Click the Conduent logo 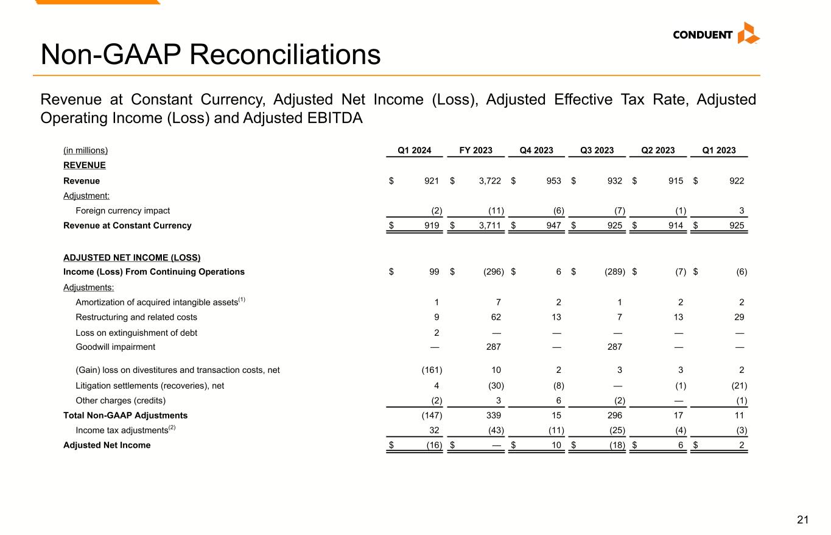point(716,34)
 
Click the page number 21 point(803,520)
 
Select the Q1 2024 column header point(415,151)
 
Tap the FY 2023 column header point(475,151)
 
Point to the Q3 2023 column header point(597,151)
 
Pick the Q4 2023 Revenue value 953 point(553,181)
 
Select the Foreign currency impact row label point(122,211)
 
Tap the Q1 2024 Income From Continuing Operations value point(433,272)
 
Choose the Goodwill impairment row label point(115,347)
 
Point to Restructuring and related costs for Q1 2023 point(739,317)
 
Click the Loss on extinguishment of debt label point(136,333)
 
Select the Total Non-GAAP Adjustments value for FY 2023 point(493,416)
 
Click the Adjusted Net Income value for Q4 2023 point(555,445)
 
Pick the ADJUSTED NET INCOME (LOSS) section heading point(131,257)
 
